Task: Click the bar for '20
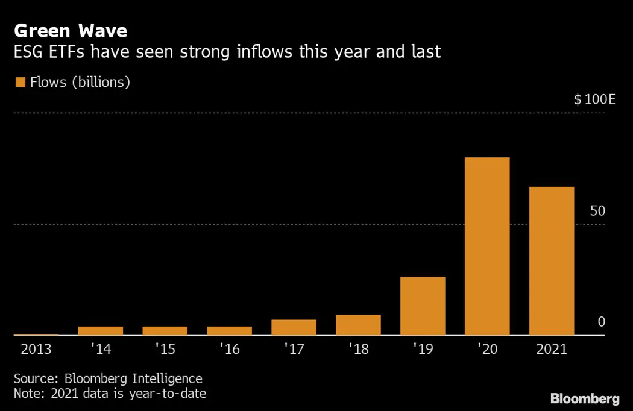(487, 246)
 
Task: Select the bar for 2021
(551, 261)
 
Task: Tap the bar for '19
(423, 306)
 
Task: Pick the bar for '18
(358, 325)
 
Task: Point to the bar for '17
(294, 327)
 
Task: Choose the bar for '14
(101, 331)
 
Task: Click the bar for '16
(229, 331)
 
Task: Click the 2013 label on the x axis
(36, 349)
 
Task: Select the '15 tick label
(165, 349)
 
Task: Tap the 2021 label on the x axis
(551, 349)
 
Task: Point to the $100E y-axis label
(594, 99)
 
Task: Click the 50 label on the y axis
(597, 211)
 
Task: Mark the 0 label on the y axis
(601, 322)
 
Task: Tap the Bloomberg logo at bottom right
(584, 398)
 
